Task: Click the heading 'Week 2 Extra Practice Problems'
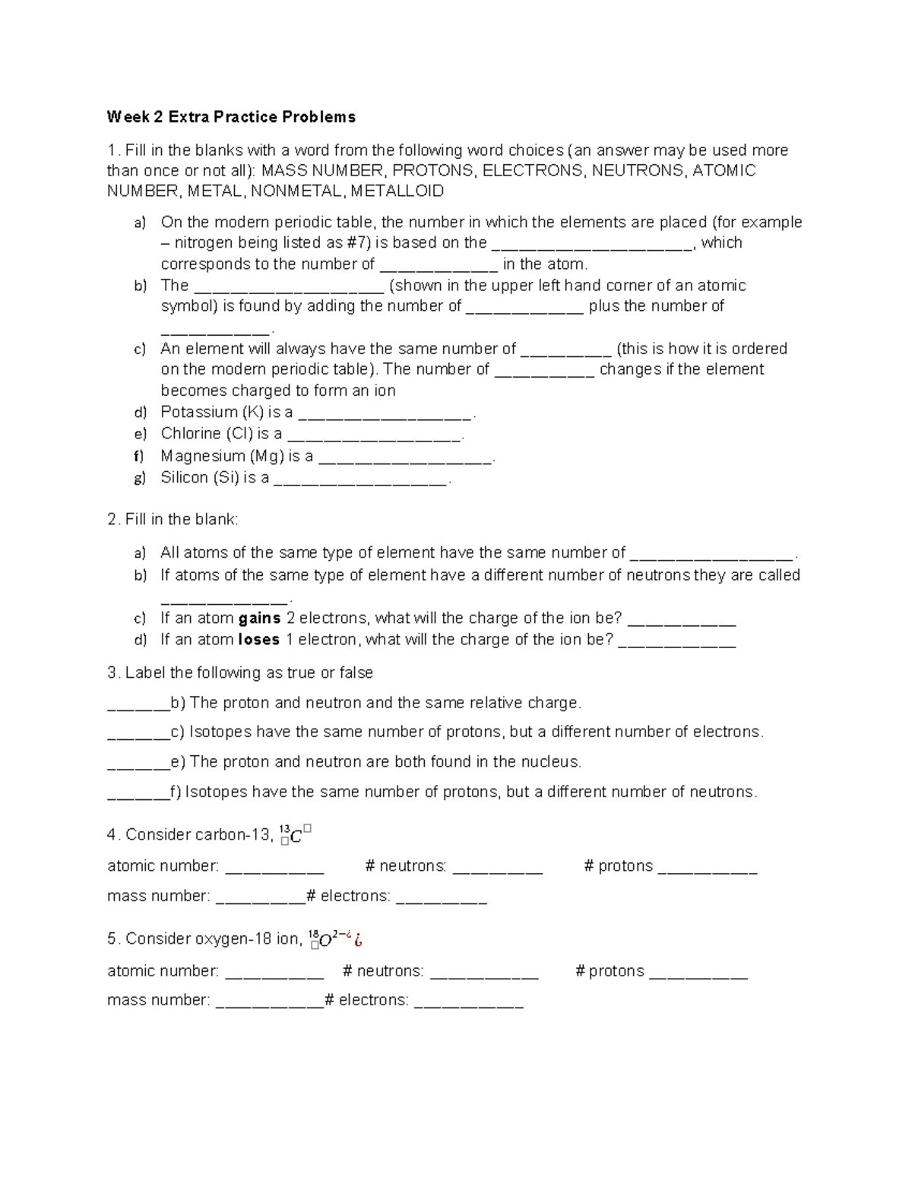coord(231,117)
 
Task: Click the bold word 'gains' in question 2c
coord(260,618)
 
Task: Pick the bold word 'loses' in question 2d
coord(259,640)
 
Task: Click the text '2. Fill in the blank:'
coord(173,520)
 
